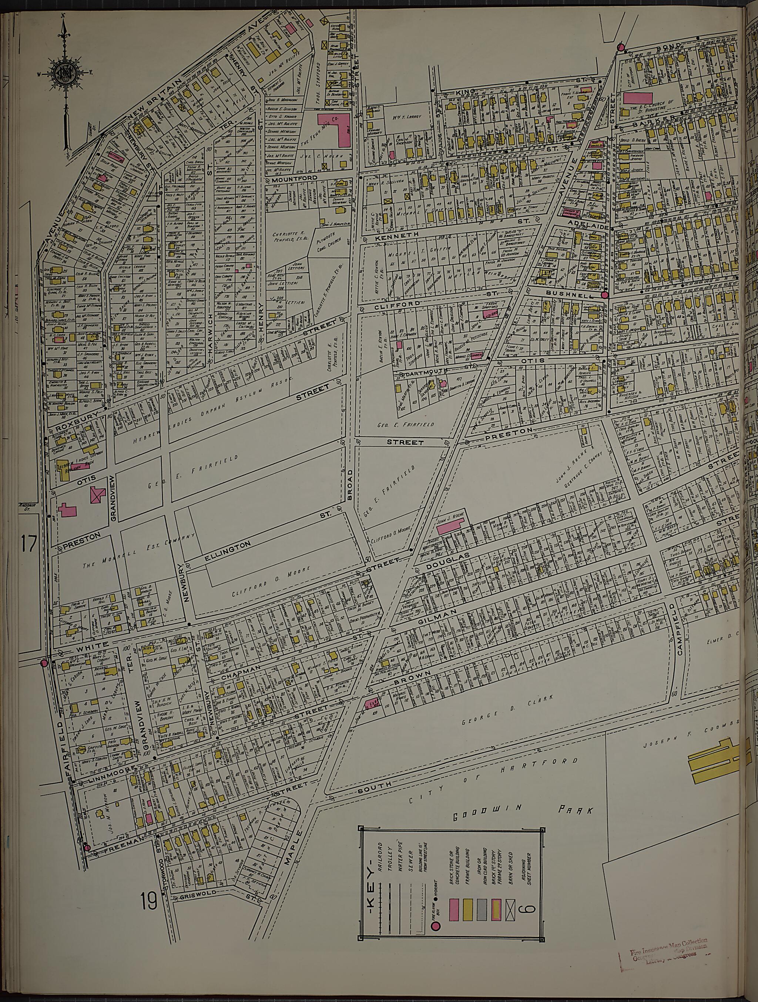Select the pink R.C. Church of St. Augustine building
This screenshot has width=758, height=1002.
point(638,99)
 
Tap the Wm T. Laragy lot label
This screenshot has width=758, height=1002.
point(404,117)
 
